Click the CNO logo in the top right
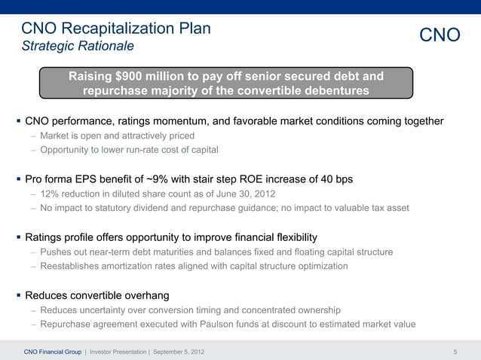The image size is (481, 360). pyautogui.click(x=440, y=35)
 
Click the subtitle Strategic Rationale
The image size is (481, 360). pyautogui.click(x=78, y=46)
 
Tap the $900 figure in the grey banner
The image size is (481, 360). pyautogui.click(x=128, y=76)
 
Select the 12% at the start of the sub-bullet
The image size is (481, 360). pyautogui.click(x=49, y=194)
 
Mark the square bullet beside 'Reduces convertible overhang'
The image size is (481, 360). pyautogui.click(x=19, y=295)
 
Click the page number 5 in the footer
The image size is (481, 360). pyautogui.click(x=455, y=352)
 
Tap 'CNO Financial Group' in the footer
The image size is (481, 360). pyautogui.click(x=53, y=352)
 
